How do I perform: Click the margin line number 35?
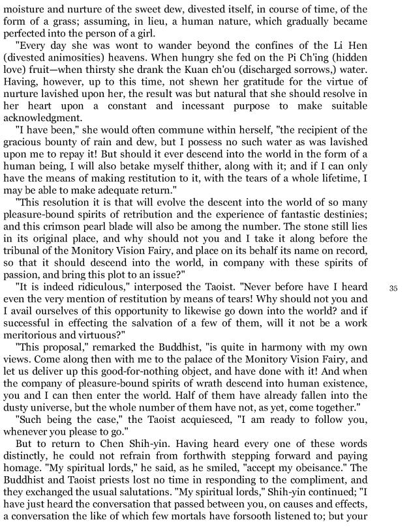[393, 287]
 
